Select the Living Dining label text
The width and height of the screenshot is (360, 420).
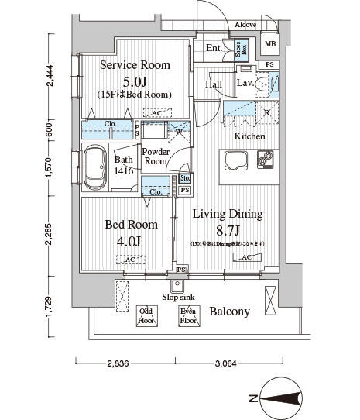tap(228, 215)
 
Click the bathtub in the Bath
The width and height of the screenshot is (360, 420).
tap(96, 169)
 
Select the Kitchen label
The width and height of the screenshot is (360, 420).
tap(250, 136)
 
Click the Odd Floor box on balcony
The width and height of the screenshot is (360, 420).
tap(146, 315)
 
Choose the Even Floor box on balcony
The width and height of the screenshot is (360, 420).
tap(188, 315)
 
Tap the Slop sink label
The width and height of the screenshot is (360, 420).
tap(179, 297)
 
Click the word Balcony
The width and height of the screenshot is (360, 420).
tap(229, 312)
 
